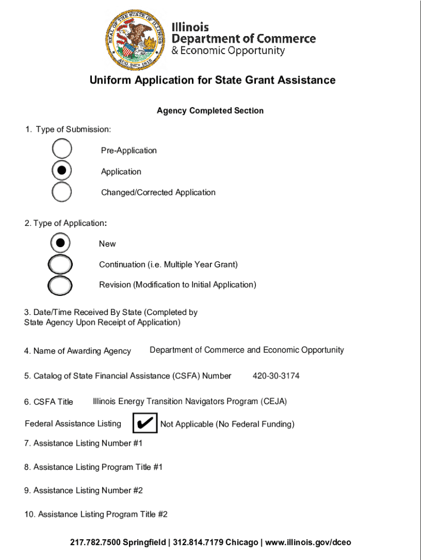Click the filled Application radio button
click(x=62, y=171)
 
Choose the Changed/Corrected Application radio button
click(x=62, y=191)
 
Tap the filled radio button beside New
click(x=60, y=243)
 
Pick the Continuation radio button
click(x=60, y=264)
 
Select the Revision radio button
click(x=60, y=284)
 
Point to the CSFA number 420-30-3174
click(x=276, y=376)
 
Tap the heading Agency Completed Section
click(x=210, y=111)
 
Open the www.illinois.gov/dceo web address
click(x=309, y=542)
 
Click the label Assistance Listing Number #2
click(x=83, y=491)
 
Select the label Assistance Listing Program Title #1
click(x=93, y=467)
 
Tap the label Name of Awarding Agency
click(x=77, y=351)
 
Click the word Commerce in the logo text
click(x=286, y=39)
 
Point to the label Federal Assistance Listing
click(x=73, y=424)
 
